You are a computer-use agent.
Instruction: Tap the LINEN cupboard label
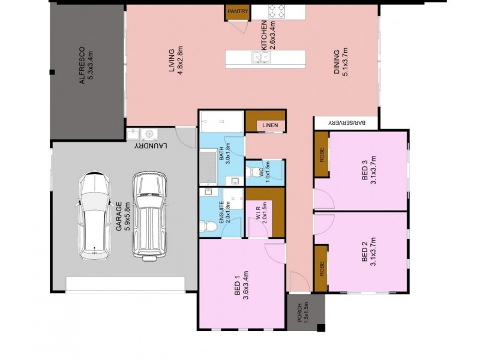[268, 125]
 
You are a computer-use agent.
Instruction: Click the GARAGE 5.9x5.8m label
[123, 217]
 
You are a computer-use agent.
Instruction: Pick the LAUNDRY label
[150, 146]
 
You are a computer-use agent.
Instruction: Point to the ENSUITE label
[224, 211]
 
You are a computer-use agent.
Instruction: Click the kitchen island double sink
[261, 58]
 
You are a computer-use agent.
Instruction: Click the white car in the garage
[95, 215]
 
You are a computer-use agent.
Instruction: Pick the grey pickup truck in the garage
[148, 216]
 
